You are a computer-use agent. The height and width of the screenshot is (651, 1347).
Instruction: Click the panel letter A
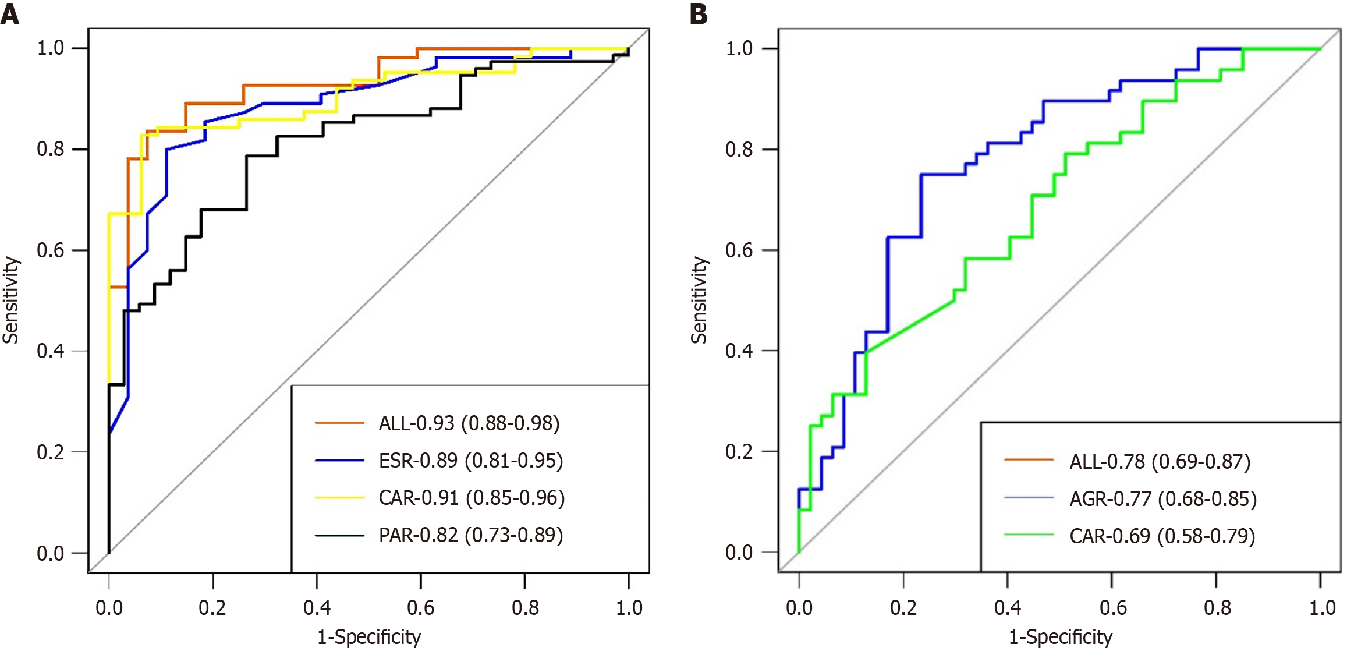[x=10, y=14]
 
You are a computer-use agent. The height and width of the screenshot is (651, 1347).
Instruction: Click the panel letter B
[x=699, y=14]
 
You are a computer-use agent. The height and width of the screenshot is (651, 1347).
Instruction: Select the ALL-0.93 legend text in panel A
[x=469, y=423]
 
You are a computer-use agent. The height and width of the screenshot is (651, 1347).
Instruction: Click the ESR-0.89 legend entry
[x=470, y=461]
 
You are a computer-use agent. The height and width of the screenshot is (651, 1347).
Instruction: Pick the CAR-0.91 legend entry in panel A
[x=472, y=498]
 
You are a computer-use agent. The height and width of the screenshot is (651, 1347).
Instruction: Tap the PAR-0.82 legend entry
[x=470, y=535]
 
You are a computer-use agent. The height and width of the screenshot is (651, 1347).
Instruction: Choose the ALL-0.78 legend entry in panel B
[x=1160, y=462]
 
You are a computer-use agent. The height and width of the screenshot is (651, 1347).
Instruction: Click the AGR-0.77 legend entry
[x=1162, y=499]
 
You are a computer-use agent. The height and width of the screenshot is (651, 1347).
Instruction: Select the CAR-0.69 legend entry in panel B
[x=1162, y=536]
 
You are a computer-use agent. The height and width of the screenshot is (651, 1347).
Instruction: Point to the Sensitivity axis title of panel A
[x=11, y=300]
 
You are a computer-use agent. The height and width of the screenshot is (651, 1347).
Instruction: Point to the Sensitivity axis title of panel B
[x=699, y=300]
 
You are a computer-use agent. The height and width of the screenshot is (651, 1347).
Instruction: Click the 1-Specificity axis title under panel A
[x=369, y=637]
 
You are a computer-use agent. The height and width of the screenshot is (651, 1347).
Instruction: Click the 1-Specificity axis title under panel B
[x=1060, y=637]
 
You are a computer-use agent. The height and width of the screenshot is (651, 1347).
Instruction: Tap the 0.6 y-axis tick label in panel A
[x=51, y=250]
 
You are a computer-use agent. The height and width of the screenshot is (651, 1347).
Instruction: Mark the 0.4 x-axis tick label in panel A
[x=317, y=608]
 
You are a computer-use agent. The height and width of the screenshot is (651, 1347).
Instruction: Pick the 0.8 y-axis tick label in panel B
[x=739, y=150]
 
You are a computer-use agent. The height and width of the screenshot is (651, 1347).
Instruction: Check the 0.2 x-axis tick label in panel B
[x=903, y=608]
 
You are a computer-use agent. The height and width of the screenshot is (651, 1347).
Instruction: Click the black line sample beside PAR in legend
[x=339, y=535]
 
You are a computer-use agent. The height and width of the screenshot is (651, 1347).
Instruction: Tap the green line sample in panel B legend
[x=1029, y=535]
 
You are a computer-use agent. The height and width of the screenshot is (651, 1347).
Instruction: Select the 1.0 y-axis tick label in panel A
[x=51, y=48]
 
